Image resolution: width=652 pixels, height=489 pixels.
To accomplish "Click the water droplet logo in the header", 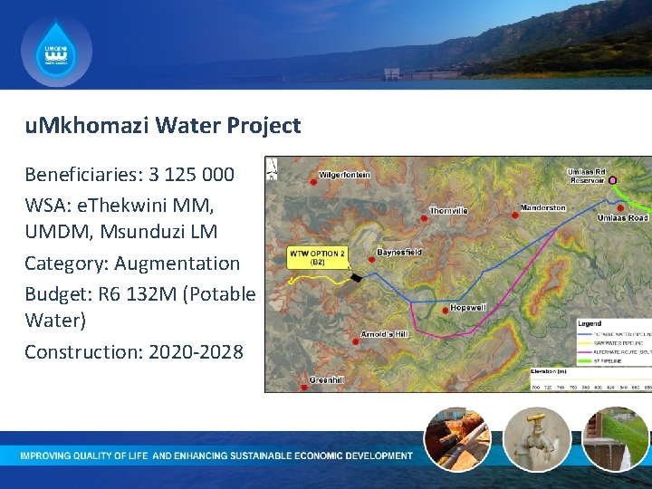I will [x=56, y=52].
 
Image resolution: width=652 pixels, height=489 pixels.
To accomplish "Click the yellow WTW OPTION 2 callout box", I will [x=318, y=256].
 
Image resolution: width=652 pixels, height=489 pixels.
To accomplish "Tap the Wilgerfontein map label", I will [x=345, y=175].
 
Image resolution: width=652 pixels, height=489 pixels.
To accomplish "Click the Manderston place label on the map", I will [x=543, y=207].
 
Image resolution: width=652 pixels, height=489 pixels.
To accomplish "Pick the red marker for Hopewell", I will [x=444, y=310].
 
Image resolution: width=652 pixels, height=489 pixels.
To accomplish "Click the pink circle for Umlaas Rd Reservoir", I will [x=612, y=181].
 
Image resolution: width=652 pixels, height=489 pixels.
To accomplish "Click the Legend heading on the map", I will [x=590, y=323].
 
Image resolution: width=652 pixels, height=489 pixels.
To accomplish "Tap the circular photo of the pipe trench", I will [x=457, y=439].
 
